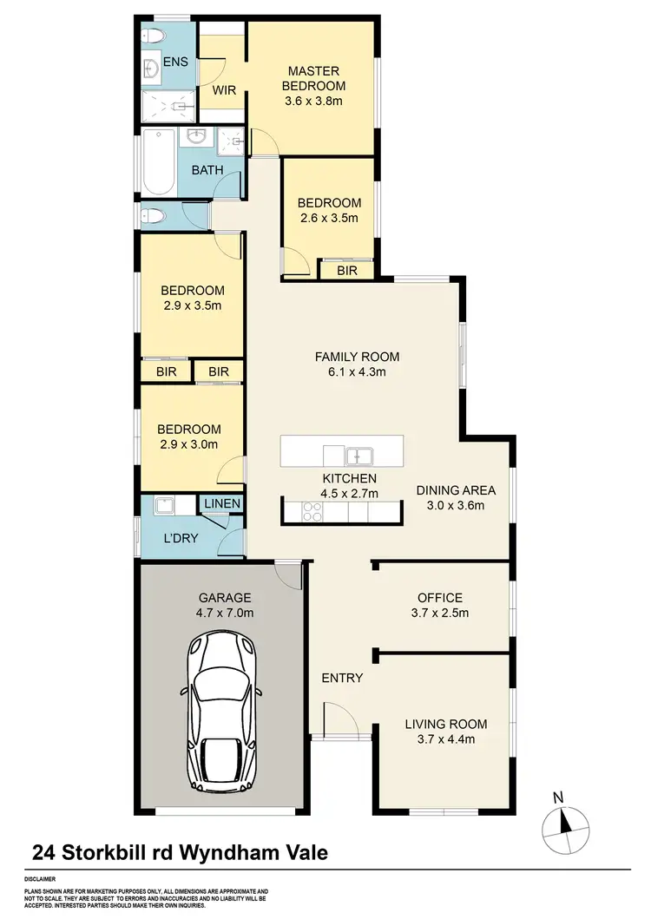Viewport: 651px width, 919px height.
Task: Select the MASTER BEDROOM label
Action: point(314,78)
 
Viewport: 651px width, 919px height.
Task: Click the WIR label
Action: point(224,90)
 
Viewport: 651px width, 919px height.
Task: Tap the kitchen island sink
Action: point(358,456)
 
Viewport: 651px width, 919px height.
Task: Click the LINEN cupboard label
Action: point(222,503)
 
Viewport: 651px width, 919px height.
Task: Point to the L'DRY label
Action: point(181,538)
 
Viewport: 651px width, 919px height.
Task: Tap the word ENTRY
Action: point(342,678)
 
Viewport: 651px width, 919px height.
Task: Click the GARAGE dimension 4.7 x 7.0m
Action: point(224,613)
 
